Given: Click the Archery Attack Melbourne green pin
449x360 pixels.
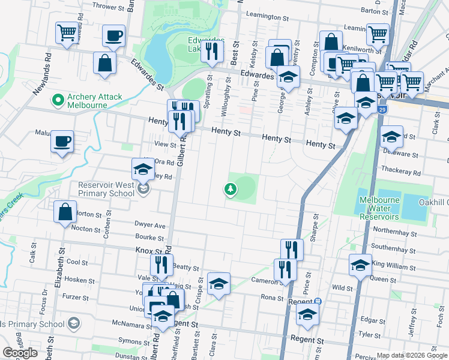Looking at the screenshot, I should coord(59,99).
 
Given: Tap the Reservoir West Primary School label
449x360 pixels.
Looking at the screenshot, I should coord(106,189).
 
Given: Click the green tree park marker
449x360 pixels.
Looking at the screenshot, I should coord(229,190).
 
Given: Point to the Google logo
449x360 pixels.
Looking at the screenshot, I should coord(20,353).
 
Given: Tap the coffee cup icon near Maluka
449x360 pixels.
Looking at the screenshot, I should coord(62,142).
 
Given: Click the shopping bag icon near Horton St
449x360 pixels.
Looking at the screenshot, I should coord(65,212).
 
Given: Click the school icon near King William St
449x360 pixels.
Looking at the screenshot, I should coord(360,265).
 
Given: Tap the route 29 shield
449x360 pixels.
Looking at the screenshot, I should coord(382,110).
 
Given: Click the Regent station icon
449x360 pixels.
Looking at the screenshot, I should coord(318,301).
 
